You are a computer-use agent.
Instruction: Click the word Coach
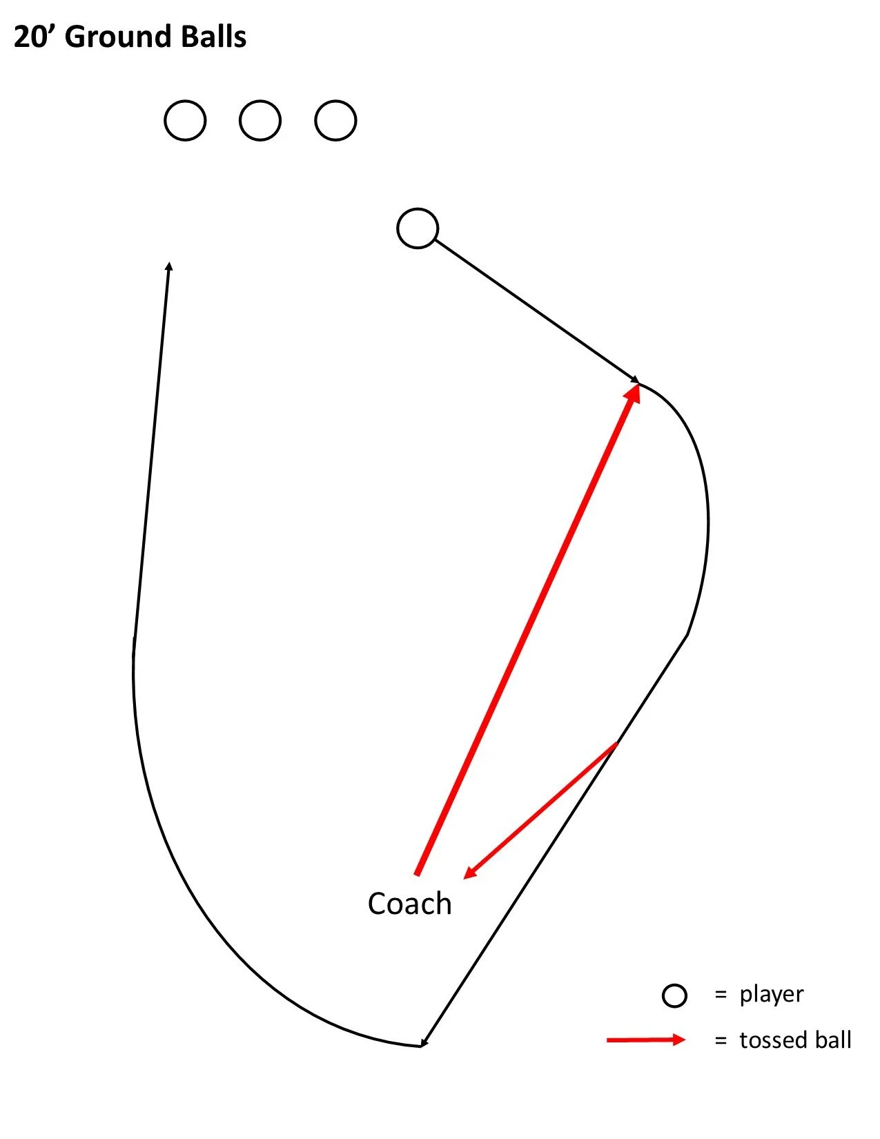pyautogui.click(x=409, y=904)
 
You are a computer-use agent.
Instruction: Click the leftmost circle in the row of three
pyautogui.click(x=185, y=121)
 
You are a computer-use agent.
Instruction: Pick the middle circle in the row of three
pyautogui.click(x=260, y=121)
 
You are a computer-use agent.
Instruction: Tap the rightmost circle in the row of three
pyautogui.click(x=335, y=121)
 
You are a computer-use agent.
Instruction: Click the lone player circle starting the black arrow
pyautogui.click(x=418, y=228)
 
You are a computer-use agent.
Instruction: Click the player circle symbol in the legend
pyautogui.click(x=674, y=995)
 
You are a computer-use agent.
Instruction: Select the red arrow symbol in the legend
pyautogui.click(x=646, y=1040)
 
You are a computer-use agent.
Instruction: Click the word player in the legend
pyautogui.click(x=772, y=995)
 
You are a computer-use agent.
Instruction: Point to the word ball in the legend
pyautogui.click(x=834, y=1040)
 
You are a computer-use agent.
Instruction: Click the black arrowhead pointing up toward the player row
pyautogui.click(x=169, y=266)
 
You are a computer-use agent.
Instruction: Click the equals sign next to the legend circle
pyautogui.click(x=721, y=995)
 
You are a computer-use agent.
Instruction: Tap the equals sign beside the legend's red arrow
pyautogui.click(x=721, y=1040)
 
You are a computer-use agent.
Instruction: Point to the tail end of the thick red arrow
pyautogui.click(x=417, y=874)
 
